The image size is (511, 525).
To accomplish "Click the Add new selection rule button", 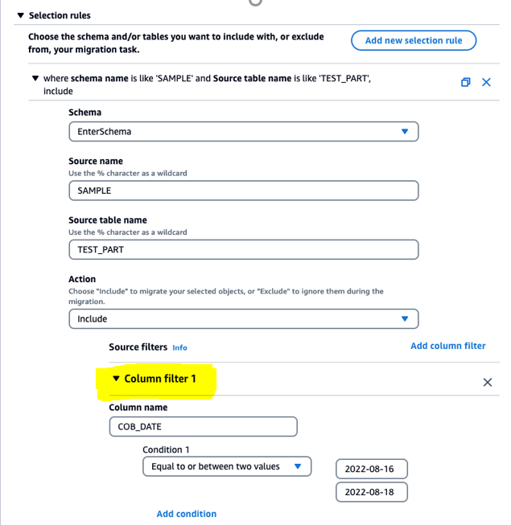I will point(414,40).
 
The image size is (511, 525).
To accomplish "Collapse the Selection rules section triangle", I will point(21,15).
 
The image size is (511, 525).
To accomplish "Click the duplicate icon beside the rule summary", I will point(465,82).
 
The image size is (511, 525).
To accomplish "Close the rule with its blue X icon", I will point(486,82).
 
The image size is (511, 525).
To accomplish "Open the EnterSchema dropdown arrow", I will point(405,131).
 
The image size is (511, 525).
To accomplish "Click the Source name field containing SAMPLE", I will point(243,191).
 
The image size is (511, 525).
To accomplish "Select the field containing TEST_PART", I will point(243,249).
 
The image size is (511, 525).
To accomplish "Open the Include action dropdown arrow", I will point(405,318).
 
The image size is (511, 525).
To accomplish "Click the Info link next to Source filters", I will point(179,348).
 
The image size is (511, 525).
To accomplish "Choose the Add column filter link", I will point(447,346).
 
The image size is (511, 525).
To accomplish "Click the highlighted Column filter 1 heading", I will point(159,379).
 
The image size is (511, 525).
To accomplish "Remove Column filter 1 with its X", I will point(487,383).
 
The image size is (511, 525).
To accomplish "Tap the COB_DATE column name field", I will point(202,427).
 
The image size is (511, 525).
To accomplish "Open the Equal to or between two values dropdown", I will point(226,466).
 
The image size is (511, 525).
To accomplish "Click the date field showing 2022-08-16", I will point(371,469).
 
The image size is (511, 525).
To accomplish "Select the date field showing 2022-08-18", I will point(371,492).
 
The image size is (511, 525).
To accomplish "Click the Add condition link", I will point(186,514).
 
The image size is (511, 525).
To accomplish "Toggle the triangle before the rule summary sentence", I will point(35,79).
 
